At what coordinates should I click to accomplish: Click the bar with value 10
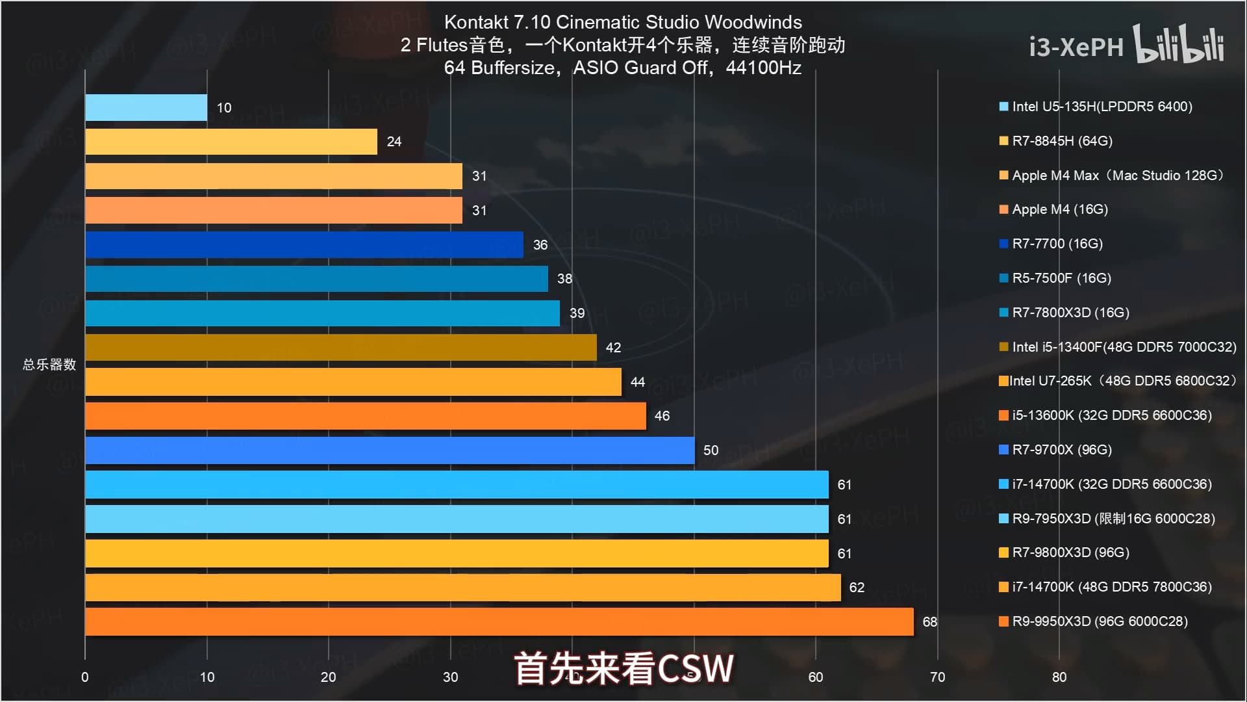click(146, 107)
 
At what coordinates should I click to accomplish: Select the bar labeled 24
click(231, 142)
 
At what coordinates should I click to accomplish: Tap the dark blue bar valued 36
click(304, 244)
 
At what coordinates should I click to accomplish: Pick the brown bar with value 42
click(340, 347)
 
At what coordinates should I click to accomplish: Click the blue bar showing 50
click(390, 450)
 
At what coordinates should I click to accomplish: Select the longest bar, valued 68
click(499, 621)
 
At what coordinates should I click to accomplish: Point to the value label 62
click(857, 588)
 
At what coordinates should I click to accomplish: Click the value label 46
click(662, 416)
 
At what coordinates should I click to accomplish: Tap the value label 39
click(577, 313)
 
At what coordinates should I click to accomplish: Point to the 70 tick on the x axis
click(937, 677)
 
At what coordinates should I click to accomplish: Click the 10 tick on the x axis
click(207, 677)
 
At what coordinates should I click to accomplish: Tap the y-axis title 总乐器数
click(49, 365)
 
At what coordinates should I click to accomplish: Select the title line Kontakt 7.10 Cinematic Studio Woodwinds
click(623, 22)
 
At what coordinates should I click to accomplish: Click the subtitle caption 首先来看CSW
click(623, 669)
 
